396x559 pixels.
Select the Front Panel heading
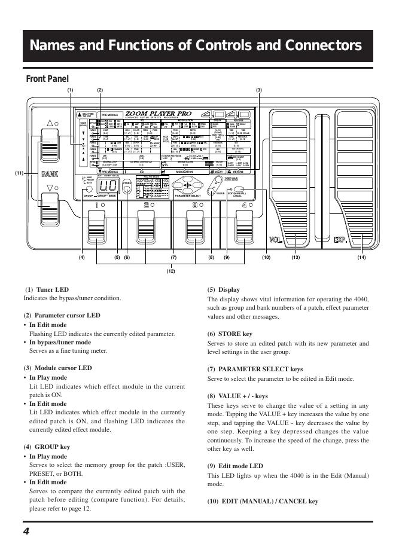[48, 80]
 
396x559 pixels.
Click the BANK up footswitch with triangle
[49, 139]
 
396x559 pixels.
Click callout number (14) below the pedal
[361, 257]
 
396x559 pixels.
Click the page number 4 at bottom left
[26, 532]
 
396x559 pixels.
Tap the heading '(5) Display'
[223, 290]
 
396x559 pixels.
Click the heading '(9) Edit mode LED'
[234, 466]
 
